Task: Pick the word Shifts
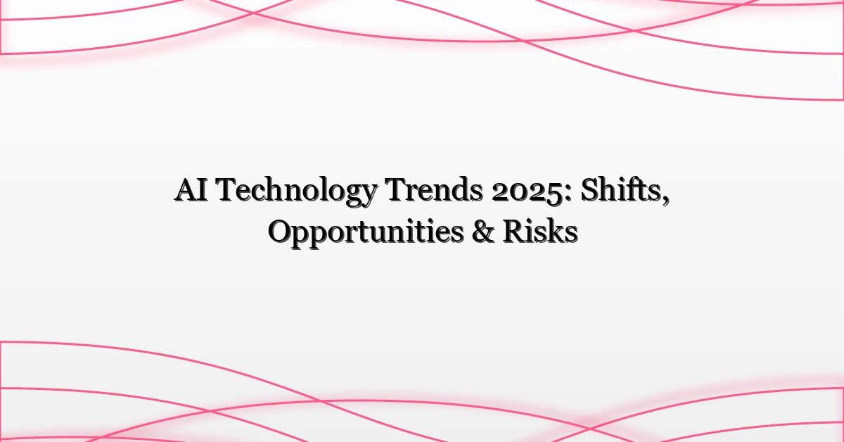(622, 191)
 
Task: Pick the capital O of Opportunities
(279, 232)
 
